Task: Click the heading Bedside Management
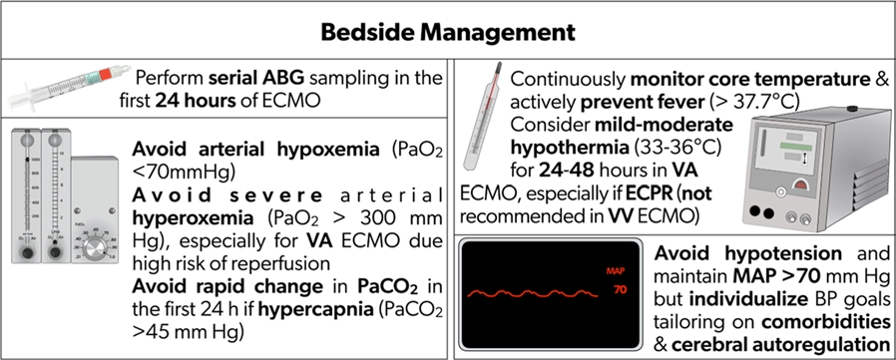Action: pos(447,33)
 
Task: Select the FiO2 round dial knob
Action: pos(96,249)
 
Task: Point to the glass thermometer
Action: pos(483,116)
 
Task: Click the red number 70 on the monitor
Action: pos(620,290)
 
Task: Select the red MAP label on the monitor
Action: pos(616,270)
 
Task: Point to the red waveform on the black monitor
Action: pos(533,294)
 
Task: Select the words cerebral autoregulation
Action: pos(780,345)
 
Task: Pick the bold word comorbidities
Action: pos(818,323)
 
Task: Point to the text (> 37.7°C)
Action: pos(755,102)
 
